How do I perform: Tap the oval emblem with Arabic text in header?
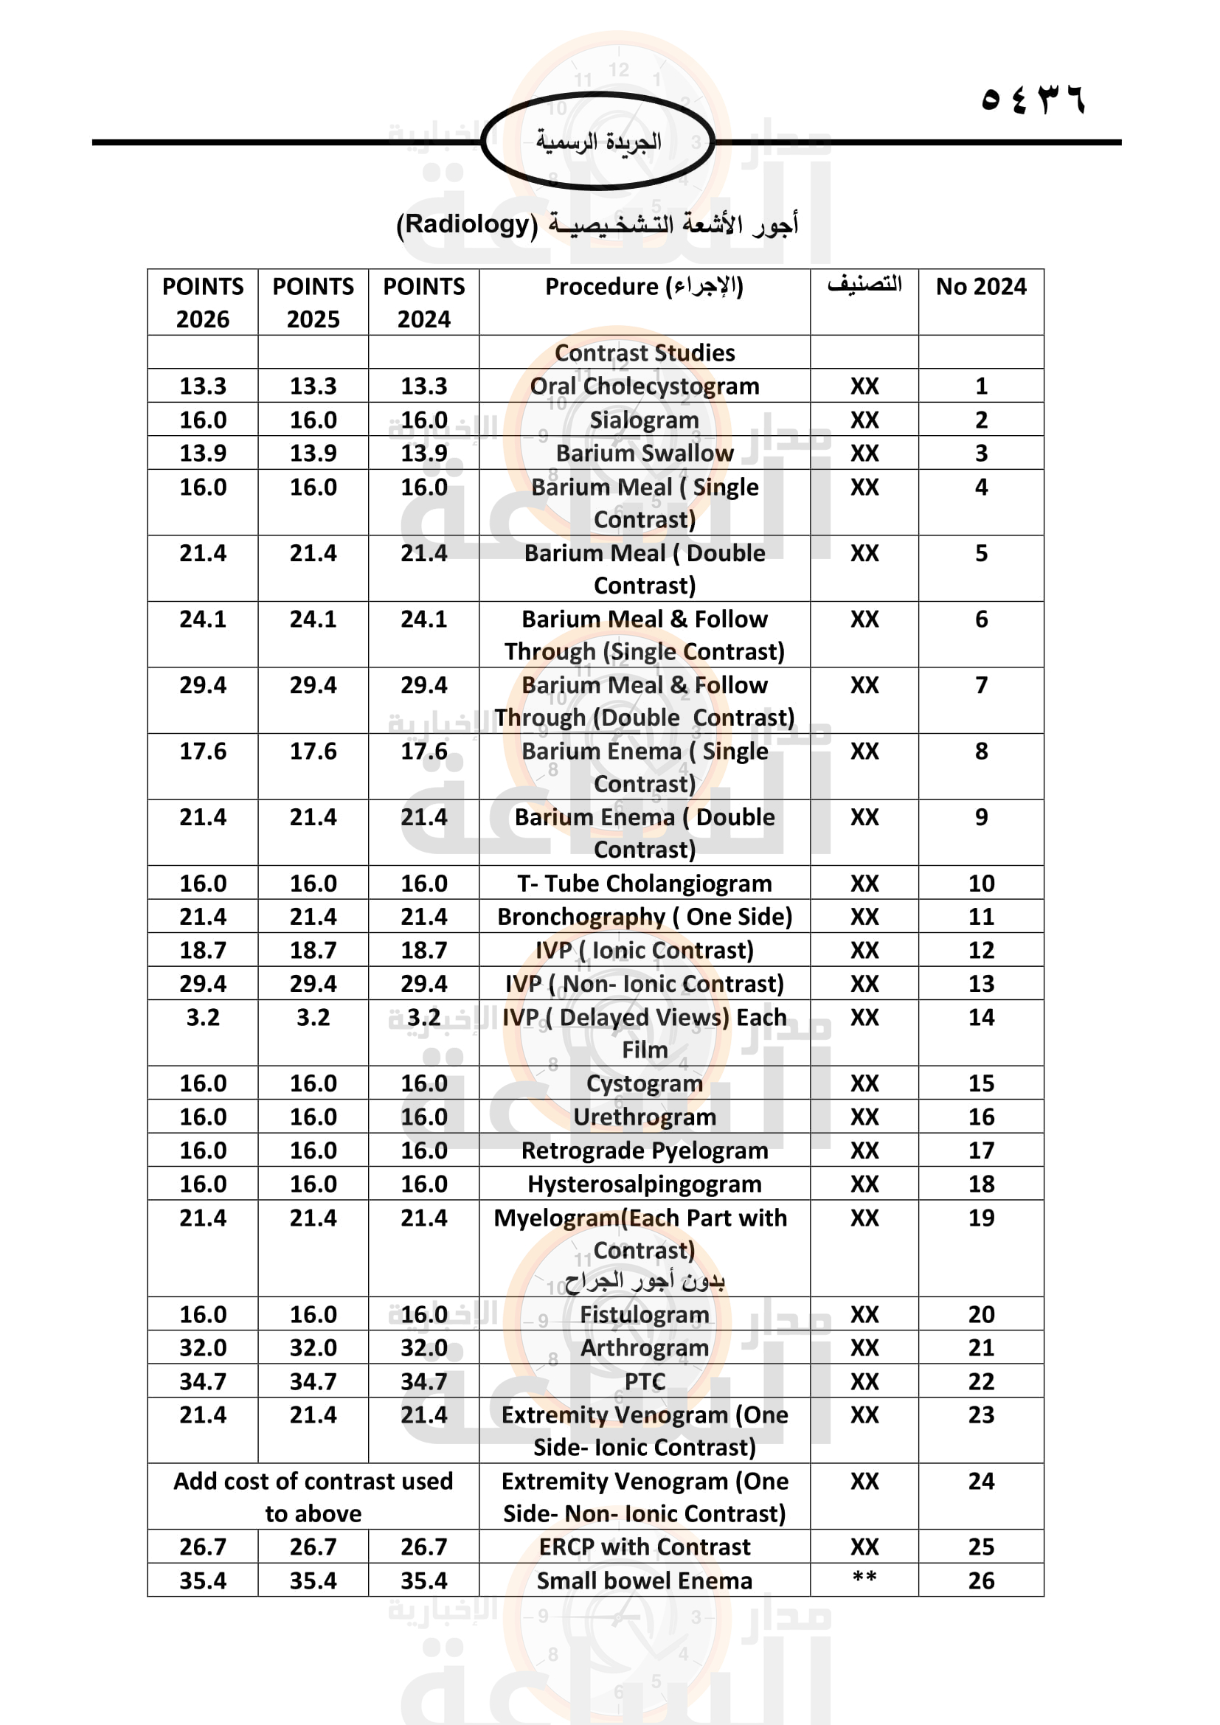[x=598, y=141]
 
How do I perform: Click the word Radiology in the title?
[x=467, y=224]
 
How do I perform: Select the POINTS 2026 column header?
[x=203, y=302]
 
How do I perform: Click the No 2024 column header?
[x=980, y=286]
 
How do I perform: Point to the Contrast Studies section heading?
[x=645, y=353]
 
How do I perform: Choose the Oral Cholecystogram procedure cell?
[x=645, y=386]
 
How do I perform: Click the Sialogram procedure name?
[x=645, y=420]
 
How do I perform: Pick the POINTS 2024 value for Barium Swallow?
[x=423, y=453]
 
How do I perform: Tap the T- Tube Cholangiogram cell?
[x=645, y=884]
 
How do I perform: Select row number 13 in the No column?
[x=980, y=984]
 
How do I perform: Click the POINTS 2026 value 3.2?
[x=203, y=1017]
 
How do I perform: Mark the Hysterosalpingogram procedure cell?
[x=645, y=1184]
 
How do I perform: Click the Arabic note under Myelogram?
[x=645, y=1281]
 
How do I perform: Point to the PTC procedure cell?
[x=645, y=1381]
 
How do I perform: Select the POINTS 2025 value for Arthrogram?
[x=313, y=1348]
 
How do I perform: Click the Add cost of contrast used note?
[x=313, y=1496]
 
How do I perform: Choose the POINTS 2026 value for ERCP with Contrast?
[x=203, y=1547]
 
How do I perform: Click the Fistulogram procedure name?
[x=645, y=1315]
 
